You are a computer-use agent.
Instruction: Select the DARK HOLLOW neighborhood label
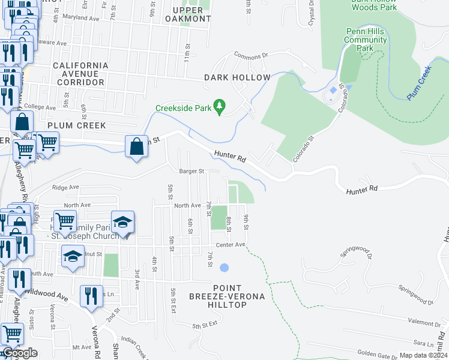tap(237, 77)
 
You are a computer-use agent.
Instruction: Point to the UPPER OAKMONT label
tap(191, 14)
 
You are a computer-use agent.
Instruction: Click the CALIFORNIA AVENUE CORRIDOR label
tap(80, 73)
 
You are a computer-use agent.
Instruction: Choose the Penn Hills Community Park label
tap(366, 40)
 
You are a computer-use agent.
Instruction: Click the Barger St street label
tap(192, 171)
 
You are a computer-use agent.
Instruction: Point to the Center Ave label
tap(231, 244)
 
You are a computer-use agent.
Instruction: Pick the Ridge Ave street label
tap(65, 187)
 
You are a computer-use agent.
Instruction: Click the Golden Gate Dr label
tap(374, 353)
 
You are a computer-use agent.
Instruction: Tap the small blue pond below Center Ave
tap(224, 268)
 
